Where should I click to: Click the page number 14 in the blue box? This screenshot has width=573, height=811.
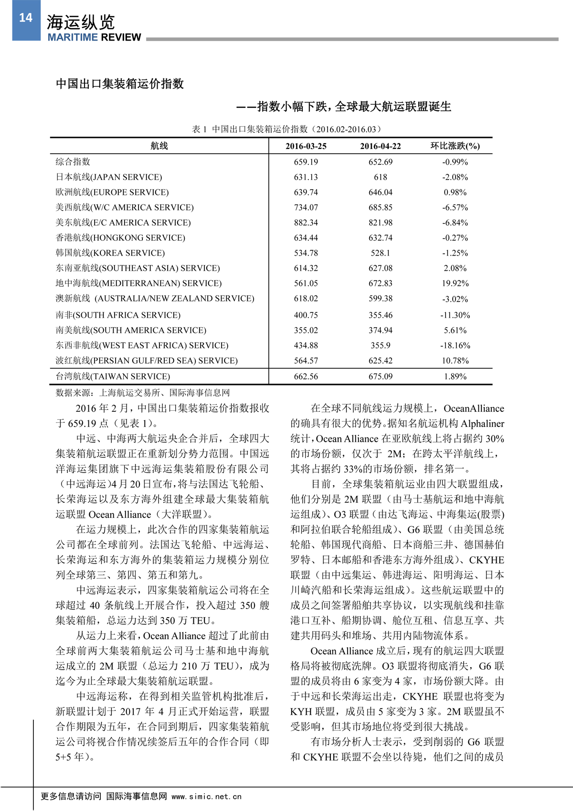[x=26, y=18]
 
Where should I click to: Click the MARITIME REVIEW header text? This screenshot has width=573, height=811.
[x=94, y=37]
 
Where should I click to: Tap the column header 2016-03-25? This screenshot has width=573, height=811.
[x=306, y=146]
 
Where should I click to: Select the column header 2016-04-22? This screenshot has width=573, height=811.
[x=380, y=146]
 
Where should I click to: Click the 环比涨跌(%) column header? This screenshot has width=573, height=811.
[x=455, y=146]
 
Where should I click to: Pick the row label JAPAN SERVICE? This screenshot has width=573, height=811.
[x=109, y=177]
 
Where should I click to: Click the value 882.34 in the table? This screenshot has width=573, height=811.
[x=306, y=223]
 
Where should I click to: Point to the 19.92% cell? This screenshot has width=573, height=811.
[x=455, y=283]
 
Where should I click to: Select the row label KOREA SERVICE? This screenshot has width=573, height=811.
[x=110, y=253]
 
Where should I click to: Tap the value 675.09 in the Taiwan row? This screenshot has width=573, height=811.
[x=380, y=376]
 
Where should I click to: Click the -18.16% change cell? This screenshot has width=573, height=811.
[x=455, y=345]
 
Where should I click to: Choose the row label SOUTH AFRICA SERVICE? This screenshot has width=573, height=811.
[x=118, y=315]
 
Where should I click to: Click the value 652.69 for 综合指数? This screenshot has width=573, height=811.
[x=380, y=162]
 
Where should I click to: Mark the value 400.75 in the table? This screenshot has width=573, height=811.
[x=306, y=315]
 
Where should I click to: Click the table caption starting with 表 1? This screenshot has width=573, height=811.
[x=286, y=129]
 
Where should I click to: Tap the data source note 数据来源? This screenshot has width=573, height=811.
[x=143, y=393]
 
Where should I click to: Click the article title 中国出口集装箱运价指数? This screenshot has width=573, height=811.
[x=120, y=84]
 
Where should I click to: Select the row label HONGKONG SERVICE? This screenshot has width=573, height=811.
[x=120, y=238]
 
